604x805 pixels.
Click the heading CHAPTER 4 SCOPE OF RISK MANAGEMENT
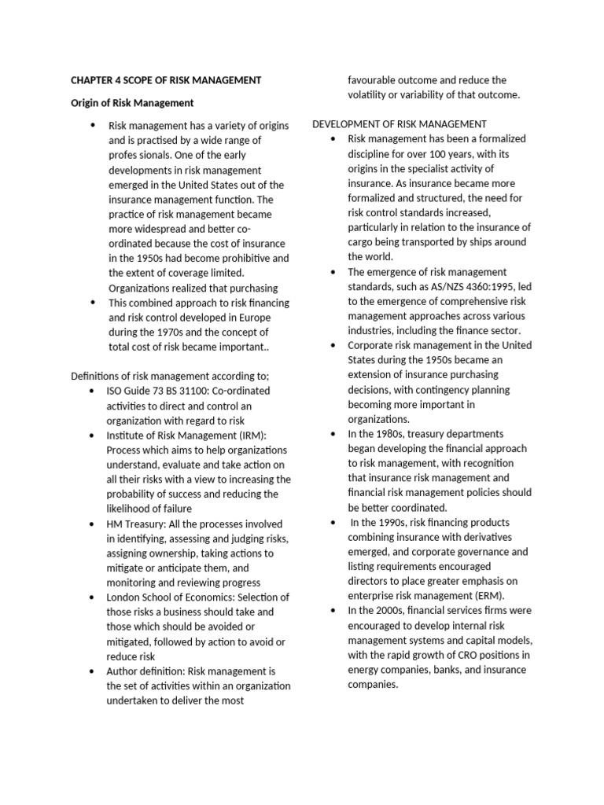coord(165,80)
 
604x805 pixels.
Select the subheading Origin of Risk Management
coord(132,103)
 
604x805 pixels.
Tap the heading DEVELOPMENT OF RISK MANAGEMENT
coord(400,124)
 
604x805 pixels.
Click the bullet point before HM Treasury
coord(93,524)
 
